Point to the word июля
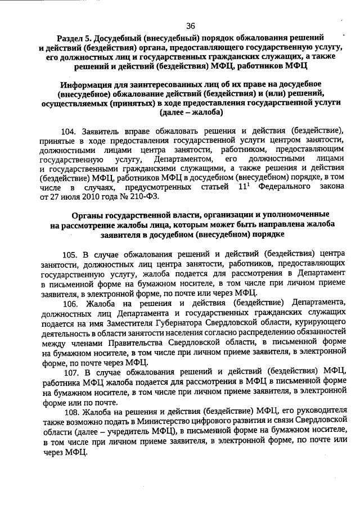[64, 198]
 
